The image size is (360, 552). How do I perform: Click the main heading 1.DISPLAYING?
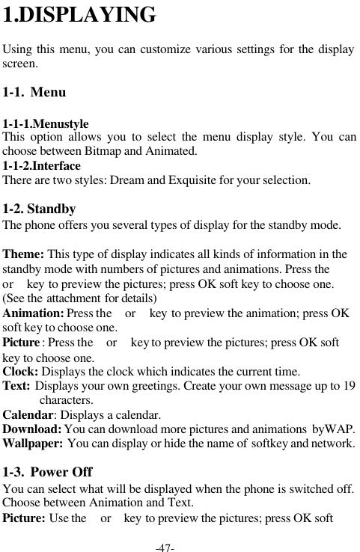79,15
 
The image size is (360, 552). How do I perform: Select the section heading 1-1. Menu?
34,93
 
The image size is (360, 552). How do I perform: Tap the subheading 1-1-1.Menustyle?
46,124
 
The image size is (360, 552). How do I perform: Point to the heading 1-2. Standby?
39,209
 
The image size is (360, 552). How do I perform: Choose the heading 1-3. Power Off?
47,473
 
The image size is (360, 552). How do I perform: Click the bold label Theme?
24,254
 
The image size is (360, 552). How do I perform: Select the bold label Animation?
34,313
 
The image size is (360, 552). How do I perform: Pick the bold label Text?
17,386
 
